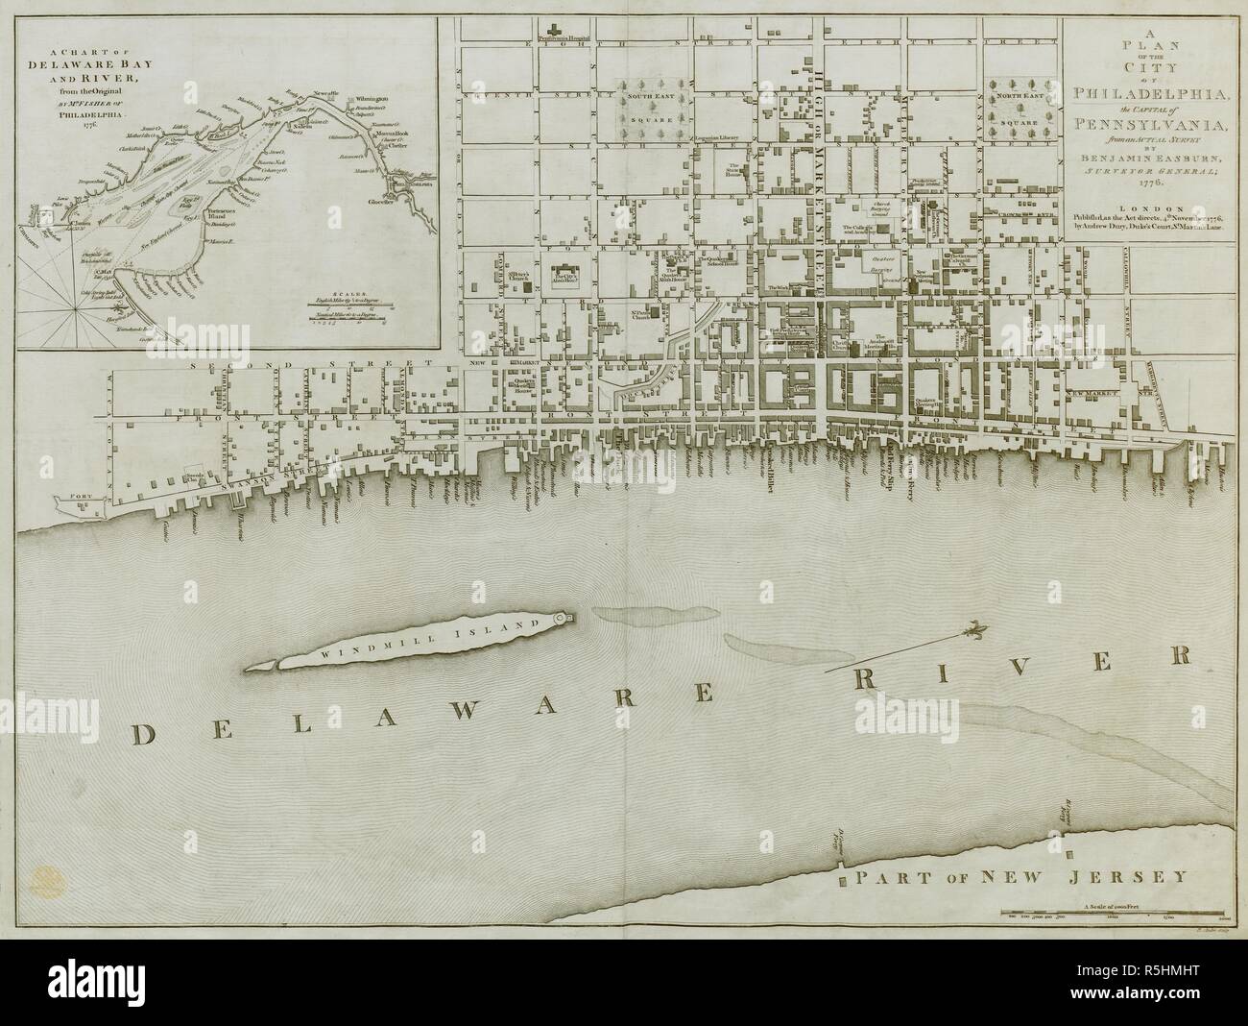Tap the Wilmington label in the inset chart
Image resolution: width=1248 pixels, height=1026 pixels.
click(x=369, y=98)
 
